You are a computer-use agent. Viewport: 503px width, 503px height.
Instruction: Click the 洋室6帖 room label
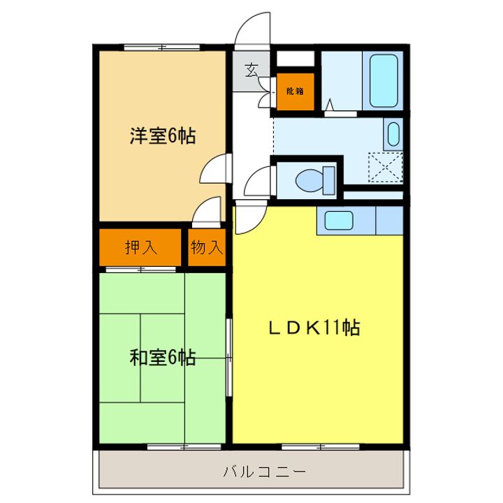[x=161, y=136]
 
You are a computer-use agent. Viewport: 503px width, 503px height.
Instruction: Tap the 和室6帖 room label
[x=162, y=358]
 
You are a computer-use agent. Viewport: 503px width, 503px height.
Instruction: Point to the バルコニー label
[x=264, y=472]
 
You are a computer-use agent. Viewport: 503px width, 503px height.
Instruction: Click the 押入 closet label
[x=140, y=247]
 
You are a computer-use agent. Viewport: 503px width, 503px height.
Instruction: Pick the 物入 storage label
[x=206, y=247]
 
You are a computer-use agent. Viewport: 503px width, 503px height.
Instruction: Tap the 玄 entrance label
[x=251, y=70]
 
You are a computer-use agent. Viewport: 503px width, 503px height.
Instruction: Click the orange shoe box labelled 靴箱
[x=294, y=91]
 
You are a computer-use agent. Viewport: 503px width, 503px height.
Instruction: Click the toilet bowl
[x=309, y=180]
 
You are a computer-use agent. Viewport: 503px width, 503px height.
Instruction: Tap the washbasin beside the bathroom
[x=393, y=133]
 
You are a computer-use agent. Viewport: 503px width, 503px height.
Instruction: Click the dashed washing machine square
[x=386, y=168]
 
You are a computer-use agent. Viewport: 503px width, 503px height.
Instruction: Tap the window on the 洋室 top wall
[x=161, y=47]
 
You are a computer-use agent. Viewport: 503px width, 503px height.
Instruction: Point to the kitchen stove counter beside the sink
[x=390, y=220]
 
